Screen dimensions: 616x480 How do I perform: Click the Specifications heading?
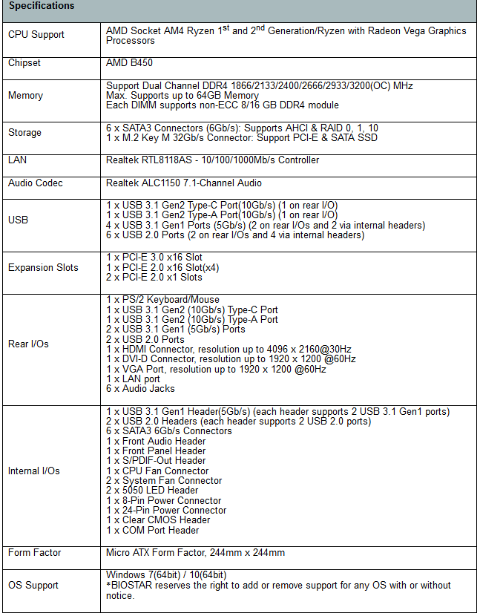tap(42, 7)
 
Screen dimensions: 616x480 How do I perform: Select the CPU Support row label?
tap(36, 35)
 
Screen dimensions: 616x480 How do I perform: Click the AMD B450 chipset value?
tap(129, 64)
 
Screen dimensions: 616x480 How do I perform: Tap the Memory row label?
tap(25, 96)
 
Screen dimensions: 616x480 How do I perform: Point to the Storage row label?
tap(24, 133)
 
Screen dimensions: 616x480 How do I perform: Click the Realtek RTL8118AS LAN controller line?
tap(212, 160)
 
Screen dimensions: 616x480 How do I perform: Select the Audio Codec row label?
tap(36, 183)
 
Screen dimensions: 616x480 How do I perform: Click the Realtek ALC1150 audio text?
tap(183, 183)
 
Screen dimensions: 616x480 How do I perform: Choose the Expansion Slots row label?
tap(43, 268)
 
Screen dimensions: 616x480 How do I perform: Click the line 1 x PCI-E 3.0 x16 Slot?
tap(154, 258)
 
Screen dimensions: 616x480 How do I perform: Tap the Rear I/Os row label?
tap(29, 344)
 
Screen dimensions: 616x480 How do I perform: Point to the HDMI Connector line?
tap(229, 349)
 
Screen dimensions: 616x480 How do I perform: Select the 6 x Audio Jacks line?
tap(140, 388)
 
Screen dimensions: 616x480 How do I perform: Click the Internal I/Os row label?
tap(34, 471)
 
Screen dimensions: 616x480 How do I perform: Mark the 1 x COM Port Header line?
tap(152, 530)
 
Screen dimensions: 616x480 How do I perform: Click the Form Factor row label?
tap(35, 553)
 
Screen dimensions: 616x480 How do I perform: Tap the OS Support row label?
tap(33, 586)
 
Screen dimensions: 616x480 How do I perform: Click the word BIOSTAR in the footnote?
tap(136, 586)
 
